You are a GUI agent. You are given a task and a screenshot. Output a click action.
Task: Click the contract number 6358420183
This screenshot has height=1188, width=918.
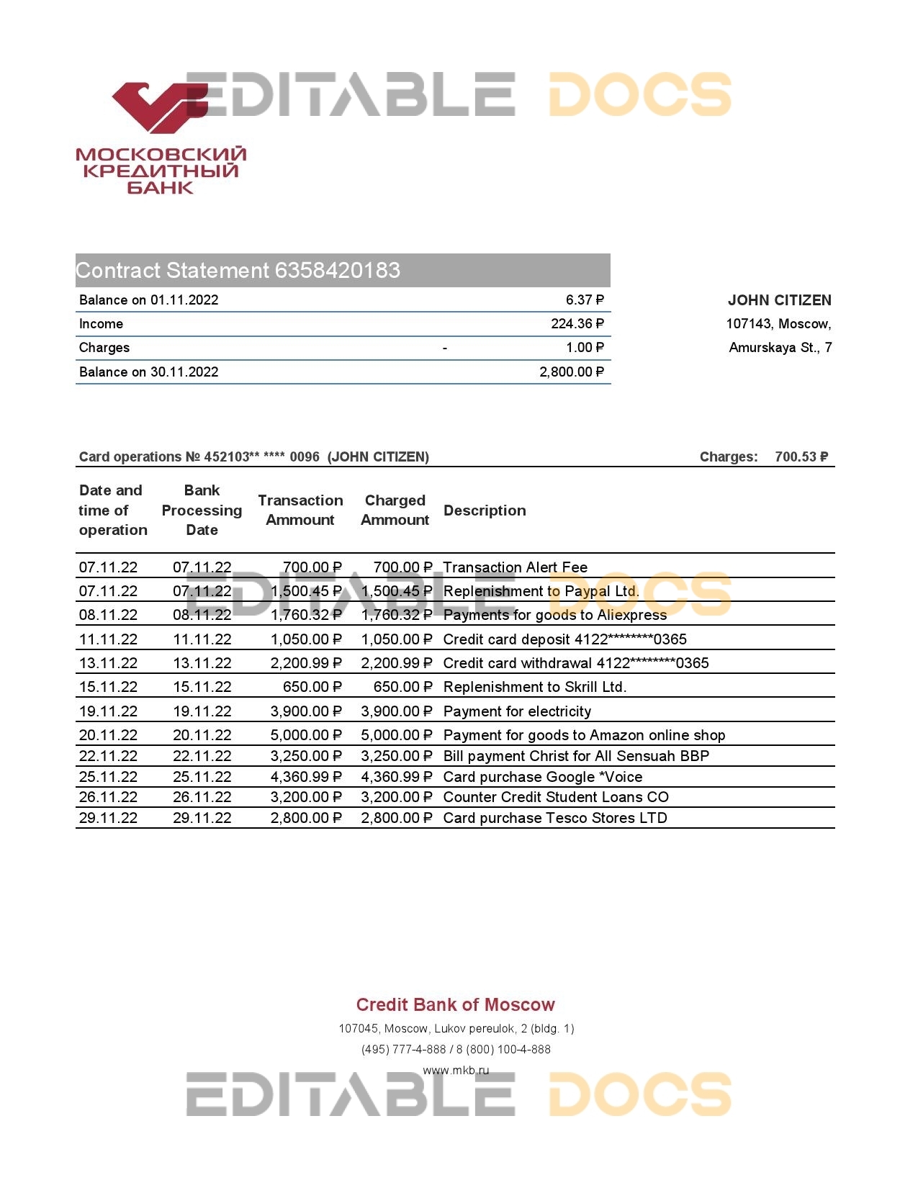337,271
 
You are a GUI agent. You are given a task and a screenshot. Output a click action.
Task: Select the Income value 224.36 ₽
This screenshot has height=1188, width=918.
577,324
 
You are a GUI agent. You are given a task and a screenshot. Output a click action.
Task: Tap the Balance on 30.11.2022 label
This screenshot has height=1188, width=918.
148,372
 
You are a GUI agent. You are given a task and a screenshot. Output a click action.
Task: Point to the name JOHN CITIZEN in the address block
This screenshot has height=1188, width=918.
779,300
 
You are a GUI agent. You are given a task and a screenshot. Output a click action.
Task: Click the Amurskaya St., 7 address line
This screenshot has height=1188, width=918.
780,348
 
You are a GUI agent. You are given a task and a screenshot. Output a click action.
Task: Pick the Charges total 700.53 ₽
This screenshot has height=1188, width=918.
801,456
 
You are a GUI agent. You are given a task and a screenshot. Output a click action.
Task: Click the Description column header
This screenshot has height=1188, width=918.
485,510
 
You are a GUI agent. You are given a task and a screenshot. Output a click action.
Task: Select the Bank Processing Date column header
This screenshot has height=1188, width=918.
202,510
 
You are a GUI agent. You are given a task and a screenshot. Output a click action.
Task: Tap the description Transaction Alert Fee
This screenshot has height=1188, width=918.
515,567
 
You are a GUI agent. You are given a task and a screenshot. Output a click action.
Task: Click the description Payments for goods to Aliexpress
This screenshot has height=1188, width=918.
554,615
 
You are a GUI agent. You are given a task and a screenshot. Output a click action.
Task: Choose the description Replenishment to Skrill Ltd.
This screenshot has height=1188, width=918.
534,687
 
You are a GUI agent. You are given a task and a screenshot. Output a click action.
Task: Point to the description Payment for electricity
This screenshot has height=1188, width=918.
517,711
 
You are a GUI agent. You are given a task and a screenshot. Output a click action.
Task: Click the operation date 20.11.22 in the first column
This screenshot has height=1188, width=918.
108,735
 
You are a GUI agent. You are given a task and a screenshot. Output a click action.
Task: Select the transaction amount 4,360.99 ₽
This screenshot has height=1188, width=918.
306,777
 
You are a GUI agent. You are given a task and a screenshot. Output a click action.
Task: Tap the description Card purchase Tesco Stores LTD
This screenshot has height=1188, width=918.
554,818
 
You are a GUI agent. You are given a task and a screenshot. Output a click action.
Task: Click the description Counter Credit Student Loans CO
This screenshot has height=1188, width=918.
555,797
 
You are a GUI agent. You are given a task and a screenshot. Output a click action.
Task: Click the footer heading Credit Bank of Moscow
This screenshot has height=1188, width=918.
455,1005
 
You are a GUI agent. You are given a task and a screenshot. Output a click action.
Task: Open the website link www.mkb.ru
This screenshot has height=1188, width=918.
455,1070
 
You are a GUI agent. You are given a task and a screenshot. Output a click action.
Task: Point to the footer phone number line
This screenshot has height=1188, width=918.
455,1050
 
